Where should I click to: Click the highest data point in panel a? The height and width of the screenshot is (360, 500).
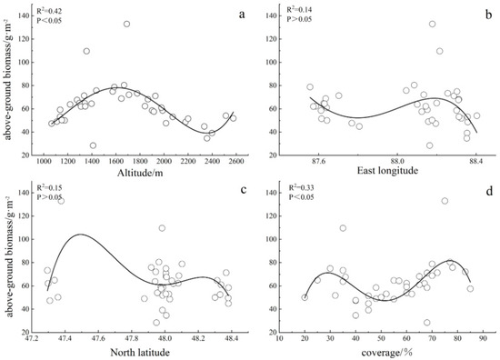pos(126,25)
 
